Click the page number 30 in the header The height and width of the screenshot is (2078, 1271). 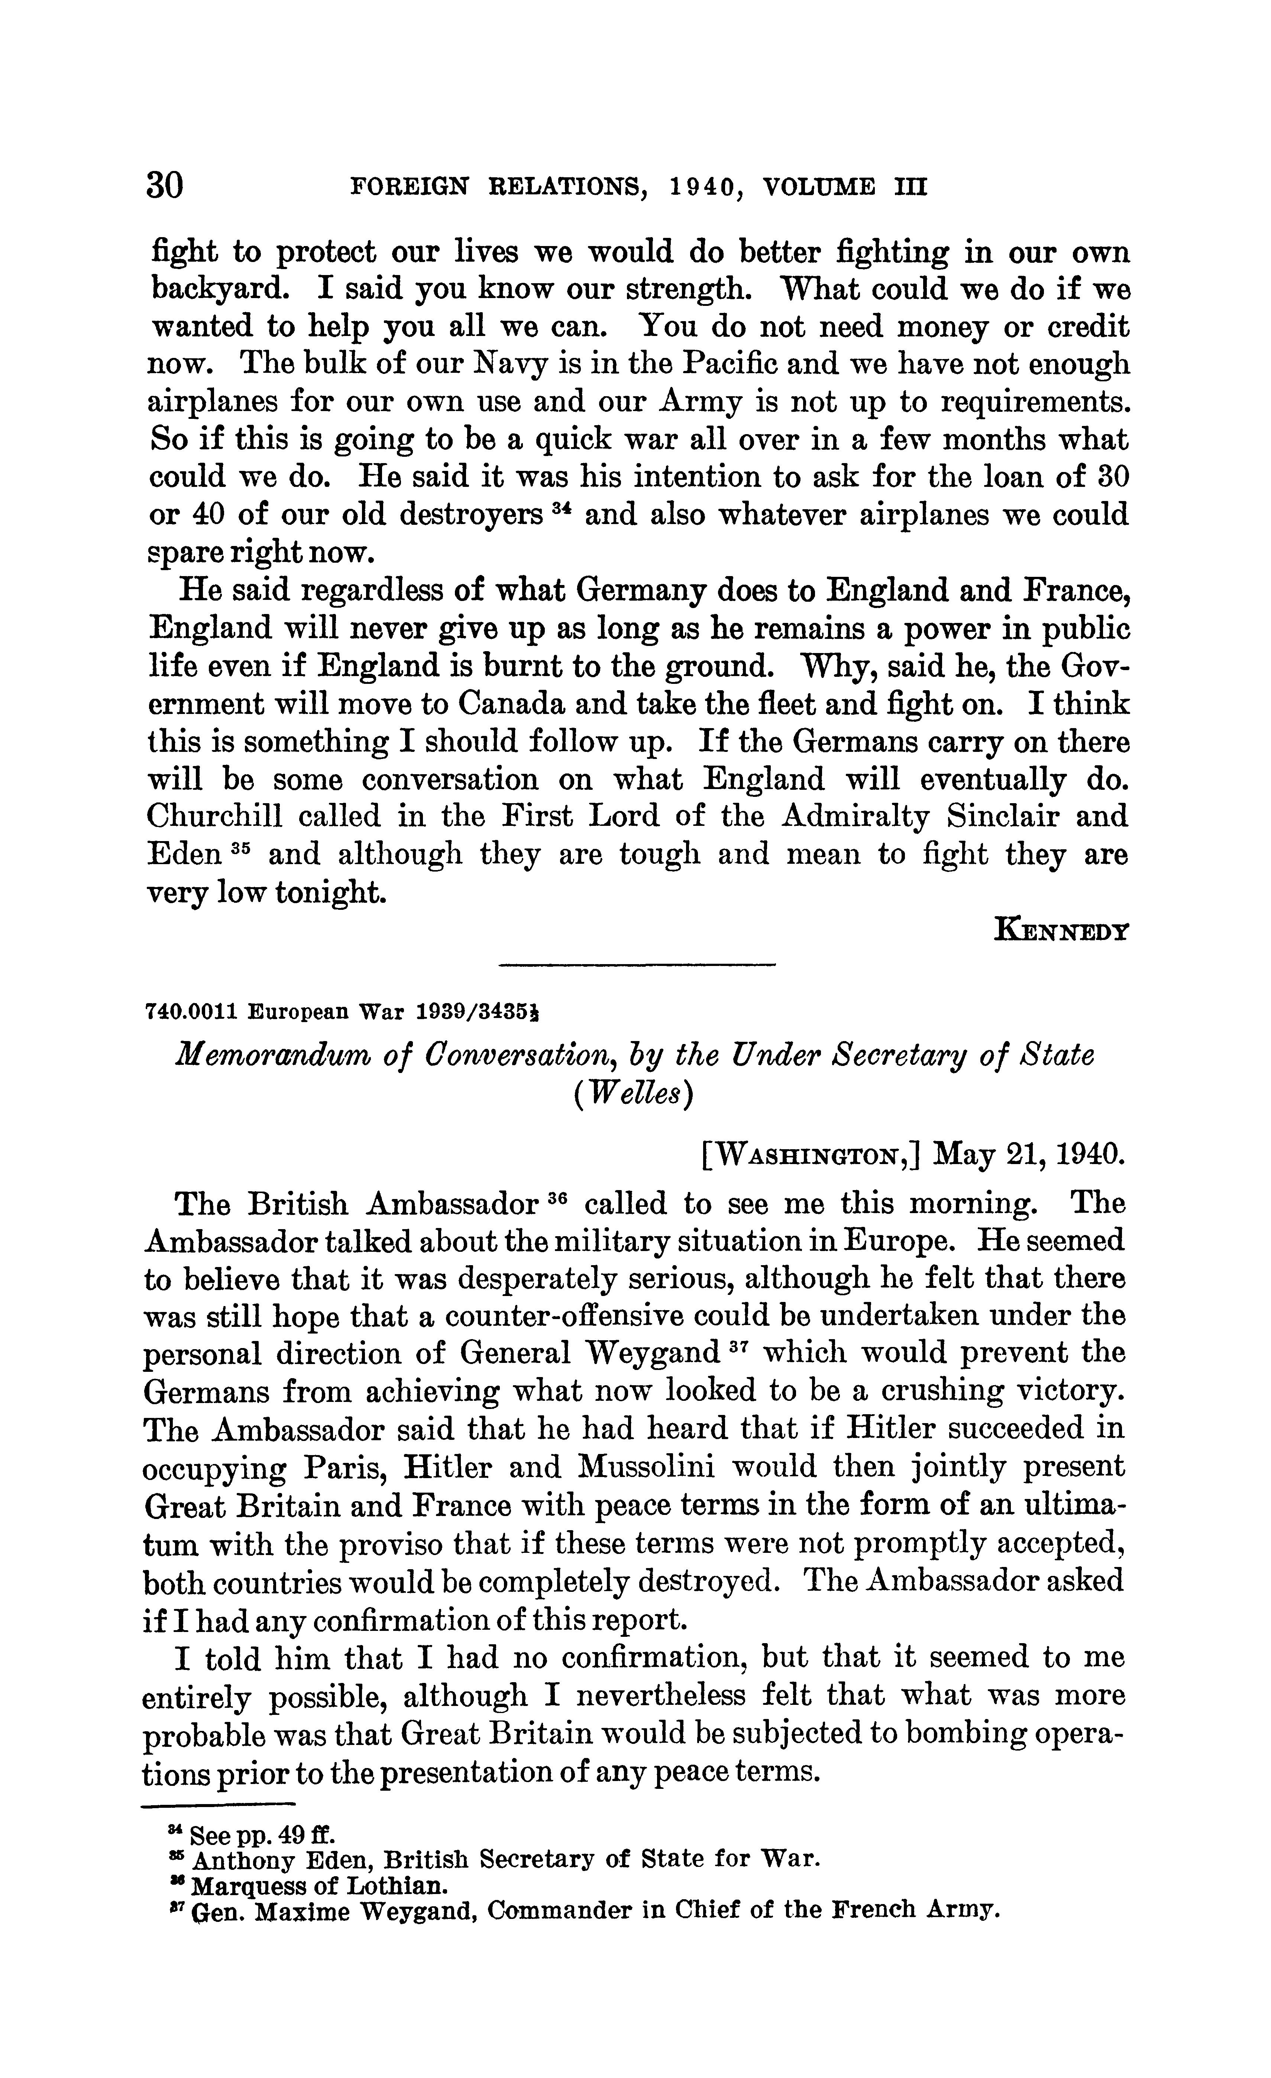click(165, 184)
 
